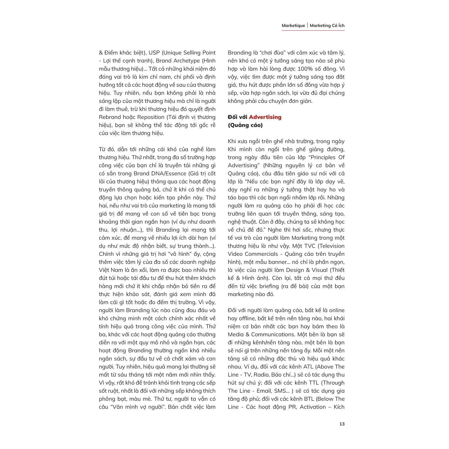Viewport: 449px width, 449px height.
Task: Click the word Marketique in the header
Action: [x=293, y=26]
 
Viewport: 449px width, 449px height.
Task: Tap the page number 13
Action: [x=342, y=424]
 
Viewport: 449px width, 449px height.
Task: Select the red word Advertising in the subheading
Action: [x=265, y=117]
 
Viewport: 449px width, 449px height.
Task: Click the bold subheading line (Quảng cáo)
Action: [x=245, y=125]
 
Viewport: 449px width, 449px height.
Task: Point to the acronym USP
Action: [x=154, y=53]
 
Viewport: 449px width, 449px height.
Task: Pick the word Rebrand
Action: [x=109, y=117]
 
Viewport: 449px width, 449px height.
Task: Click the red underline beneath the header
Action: [x=313, y=30]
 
